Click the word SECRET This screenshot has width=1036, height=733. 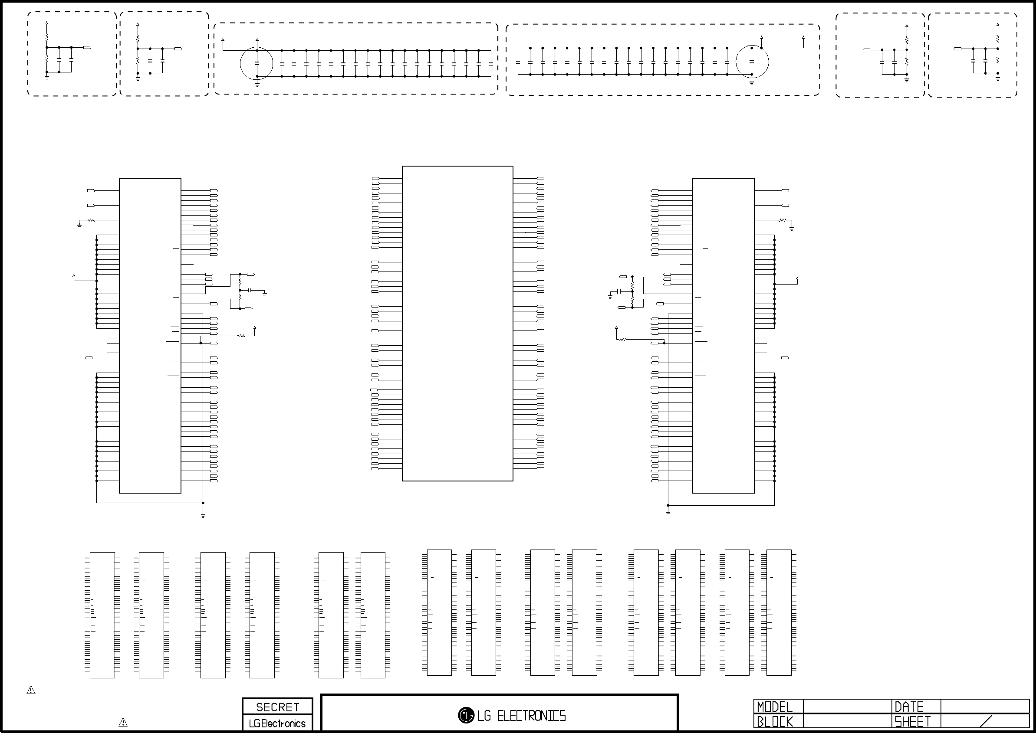coord(277,707)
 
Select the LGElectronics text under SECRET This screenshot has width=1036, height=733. coord(277,723)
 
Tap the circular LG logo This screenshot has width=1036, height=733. coord(466,715)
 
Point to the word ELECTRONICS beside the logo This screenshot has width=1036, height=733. coord(532,716)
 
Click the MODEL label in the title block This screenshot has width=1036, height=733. coord(775,707)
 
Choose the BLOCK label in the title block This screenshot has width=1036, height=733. coord(775,722)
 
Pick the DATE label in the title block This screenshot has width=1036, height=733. coord(909,707)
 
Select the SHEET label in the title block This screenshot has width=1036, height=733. coord(913,722)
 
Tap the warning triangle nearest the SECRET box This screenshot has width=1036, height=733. coord(123,722)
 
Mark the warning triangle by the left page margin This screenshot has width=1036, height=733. coord(31,690)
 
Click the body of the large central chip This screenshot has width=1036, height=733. coord(457,324)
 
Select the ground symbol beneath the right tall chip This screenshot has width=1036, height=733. coord(668,513)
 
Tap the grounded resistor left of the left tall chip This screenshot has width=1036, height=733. coord(91,220)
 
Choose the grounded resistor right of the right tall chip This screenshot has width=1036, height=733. coord(783,220)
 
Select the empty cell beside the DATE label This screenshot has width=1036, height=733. coord(985,707)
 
